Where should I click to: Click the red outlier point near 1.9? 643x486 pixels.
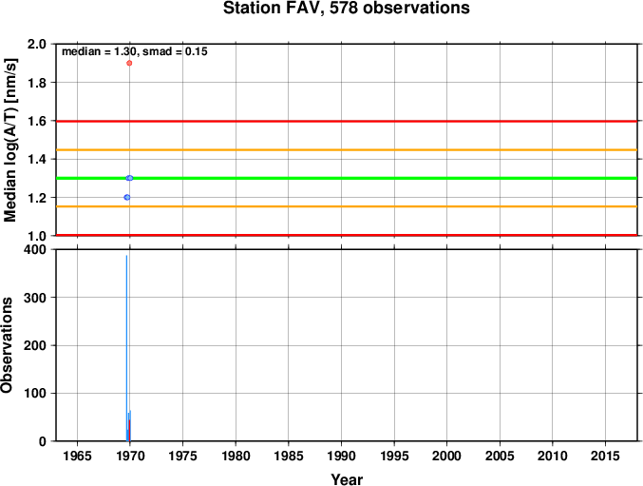coord(129,63)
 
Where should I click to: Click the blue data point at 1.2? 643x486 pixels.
coord(126,198)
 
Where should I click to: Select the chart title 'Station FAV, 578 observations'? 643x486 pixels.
coord(347,9)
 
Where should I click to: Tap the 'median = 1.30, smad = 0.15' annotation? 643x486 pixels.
coord(135,51)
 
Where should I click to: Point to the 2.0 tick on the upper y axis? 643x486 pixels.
coord(37,44)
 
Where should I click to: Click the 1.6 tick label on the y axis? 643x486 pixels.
coord(37,121)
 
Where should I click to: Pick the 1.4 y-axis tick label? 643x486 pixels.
coord(37,159)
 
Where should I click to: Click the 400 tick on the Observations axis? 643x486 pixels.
coord(35,249)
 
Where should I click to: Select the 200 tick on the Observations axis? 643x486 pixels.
coord(35,345)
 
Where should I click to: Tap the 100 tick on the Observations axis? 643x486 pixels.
coord(35,393)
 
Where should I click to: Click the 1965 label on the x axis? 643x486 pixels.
coord(77,456)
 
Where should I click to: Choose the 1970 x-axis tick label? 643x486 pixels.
coord(130,456)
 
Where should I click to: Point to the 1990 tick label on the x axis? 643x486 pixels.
coord(341,456)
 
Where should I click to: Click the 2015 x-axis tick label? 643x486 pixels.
coord(605,456)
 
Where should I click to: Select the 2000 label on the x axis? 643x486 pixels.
coord(447,456)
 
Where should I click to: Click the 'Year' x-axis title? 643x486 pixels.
coord(347,479)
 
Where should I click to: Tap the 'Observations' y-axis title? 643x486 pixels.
coord(7,345)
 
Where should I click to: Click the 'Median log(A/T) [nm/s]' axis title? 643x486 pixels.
coord(9,140)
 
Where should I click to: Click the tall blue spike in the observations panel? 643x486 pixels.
coord(126,348)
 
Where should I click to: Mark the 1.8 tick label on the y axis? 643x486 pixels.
coord(37,83)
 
